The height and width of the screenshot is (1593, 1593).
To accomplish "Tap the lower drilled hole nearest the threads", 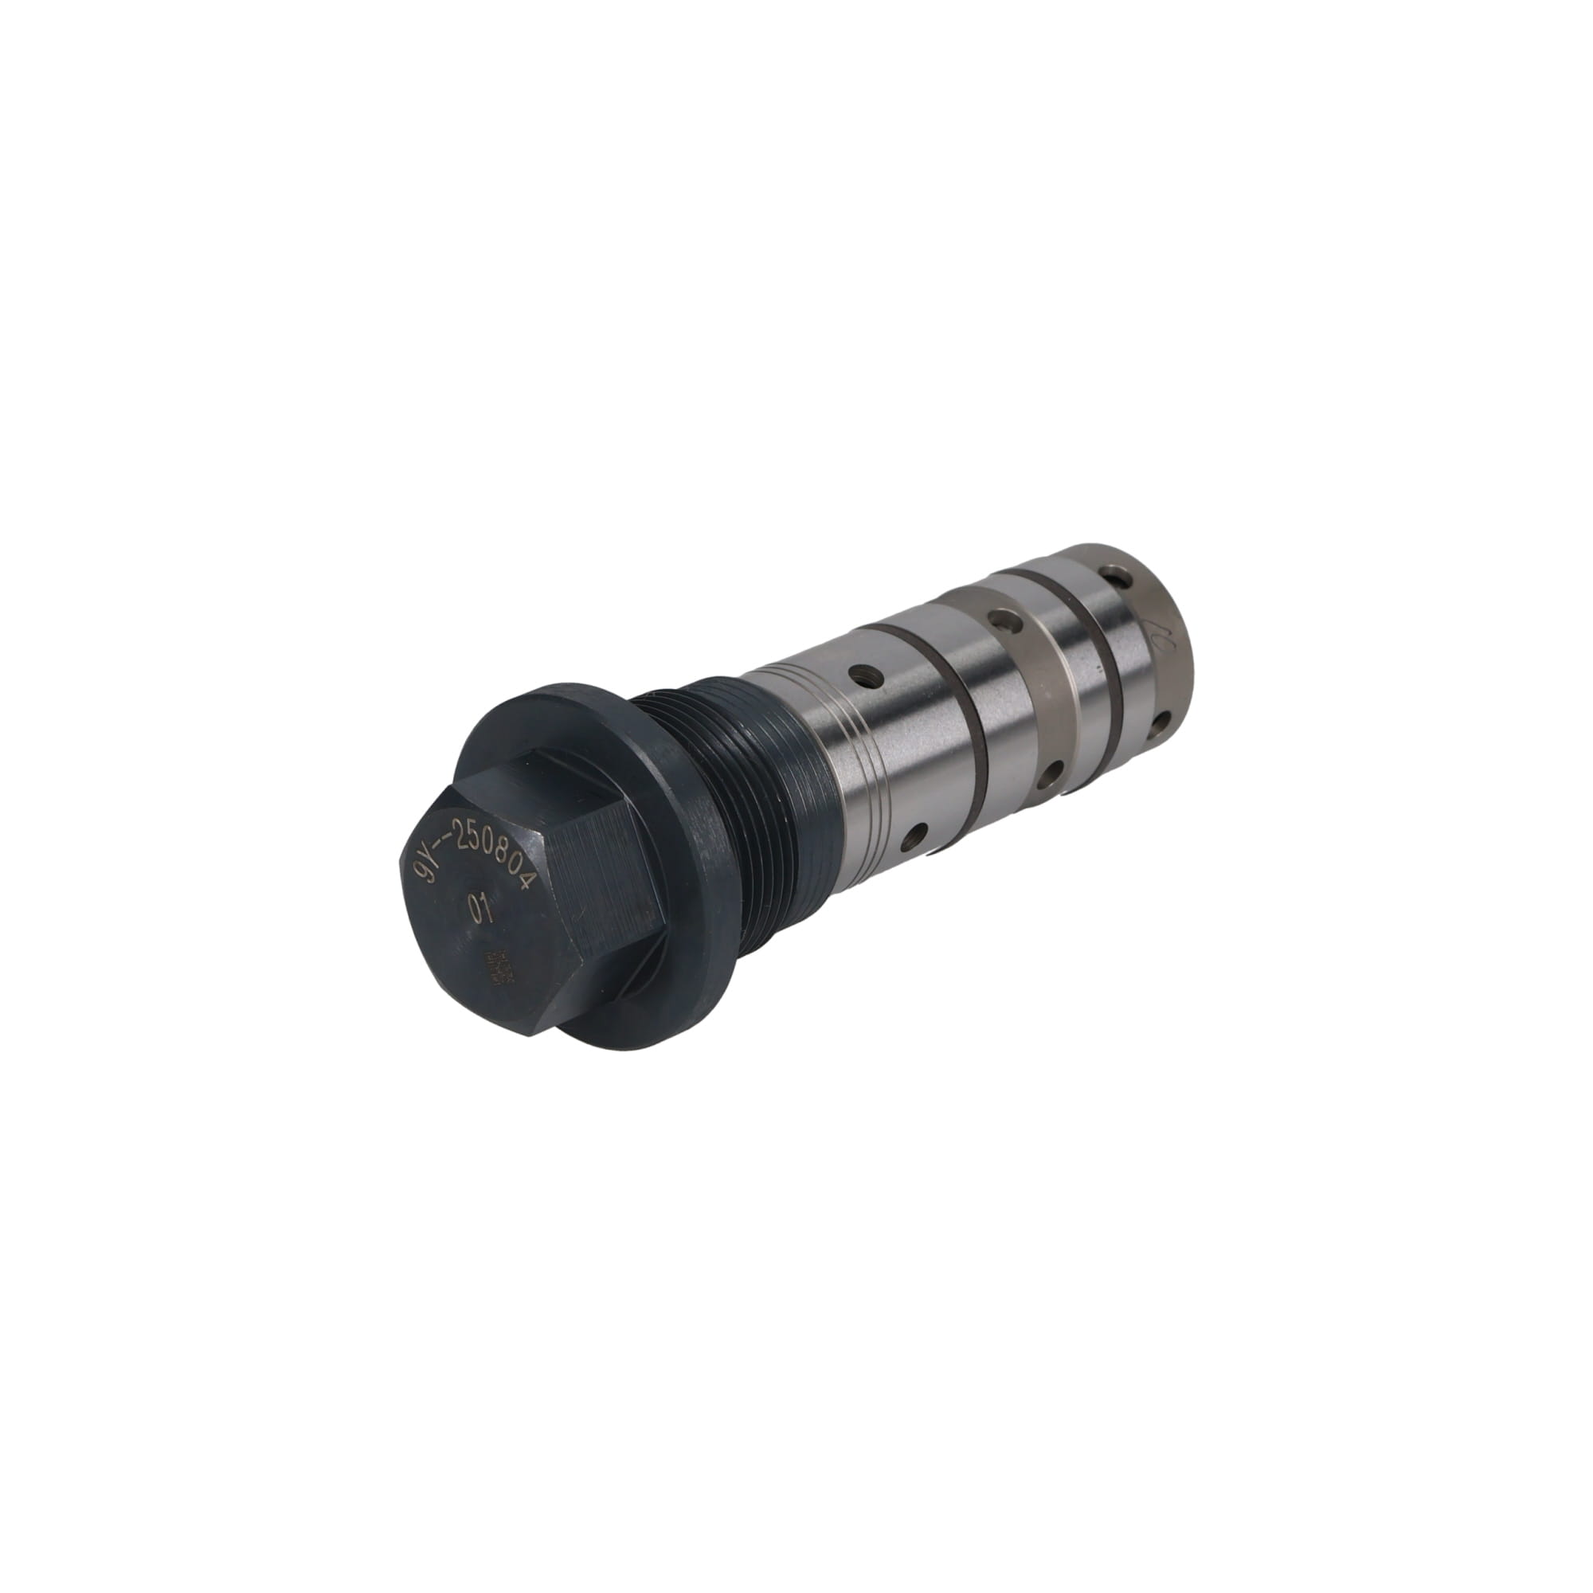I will click(x=913, y=839).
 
